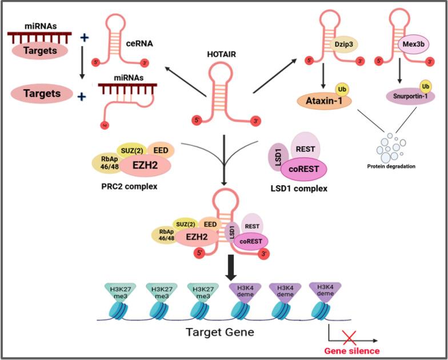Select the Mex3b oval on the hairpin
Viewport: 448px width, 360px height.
pos(406,42)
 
